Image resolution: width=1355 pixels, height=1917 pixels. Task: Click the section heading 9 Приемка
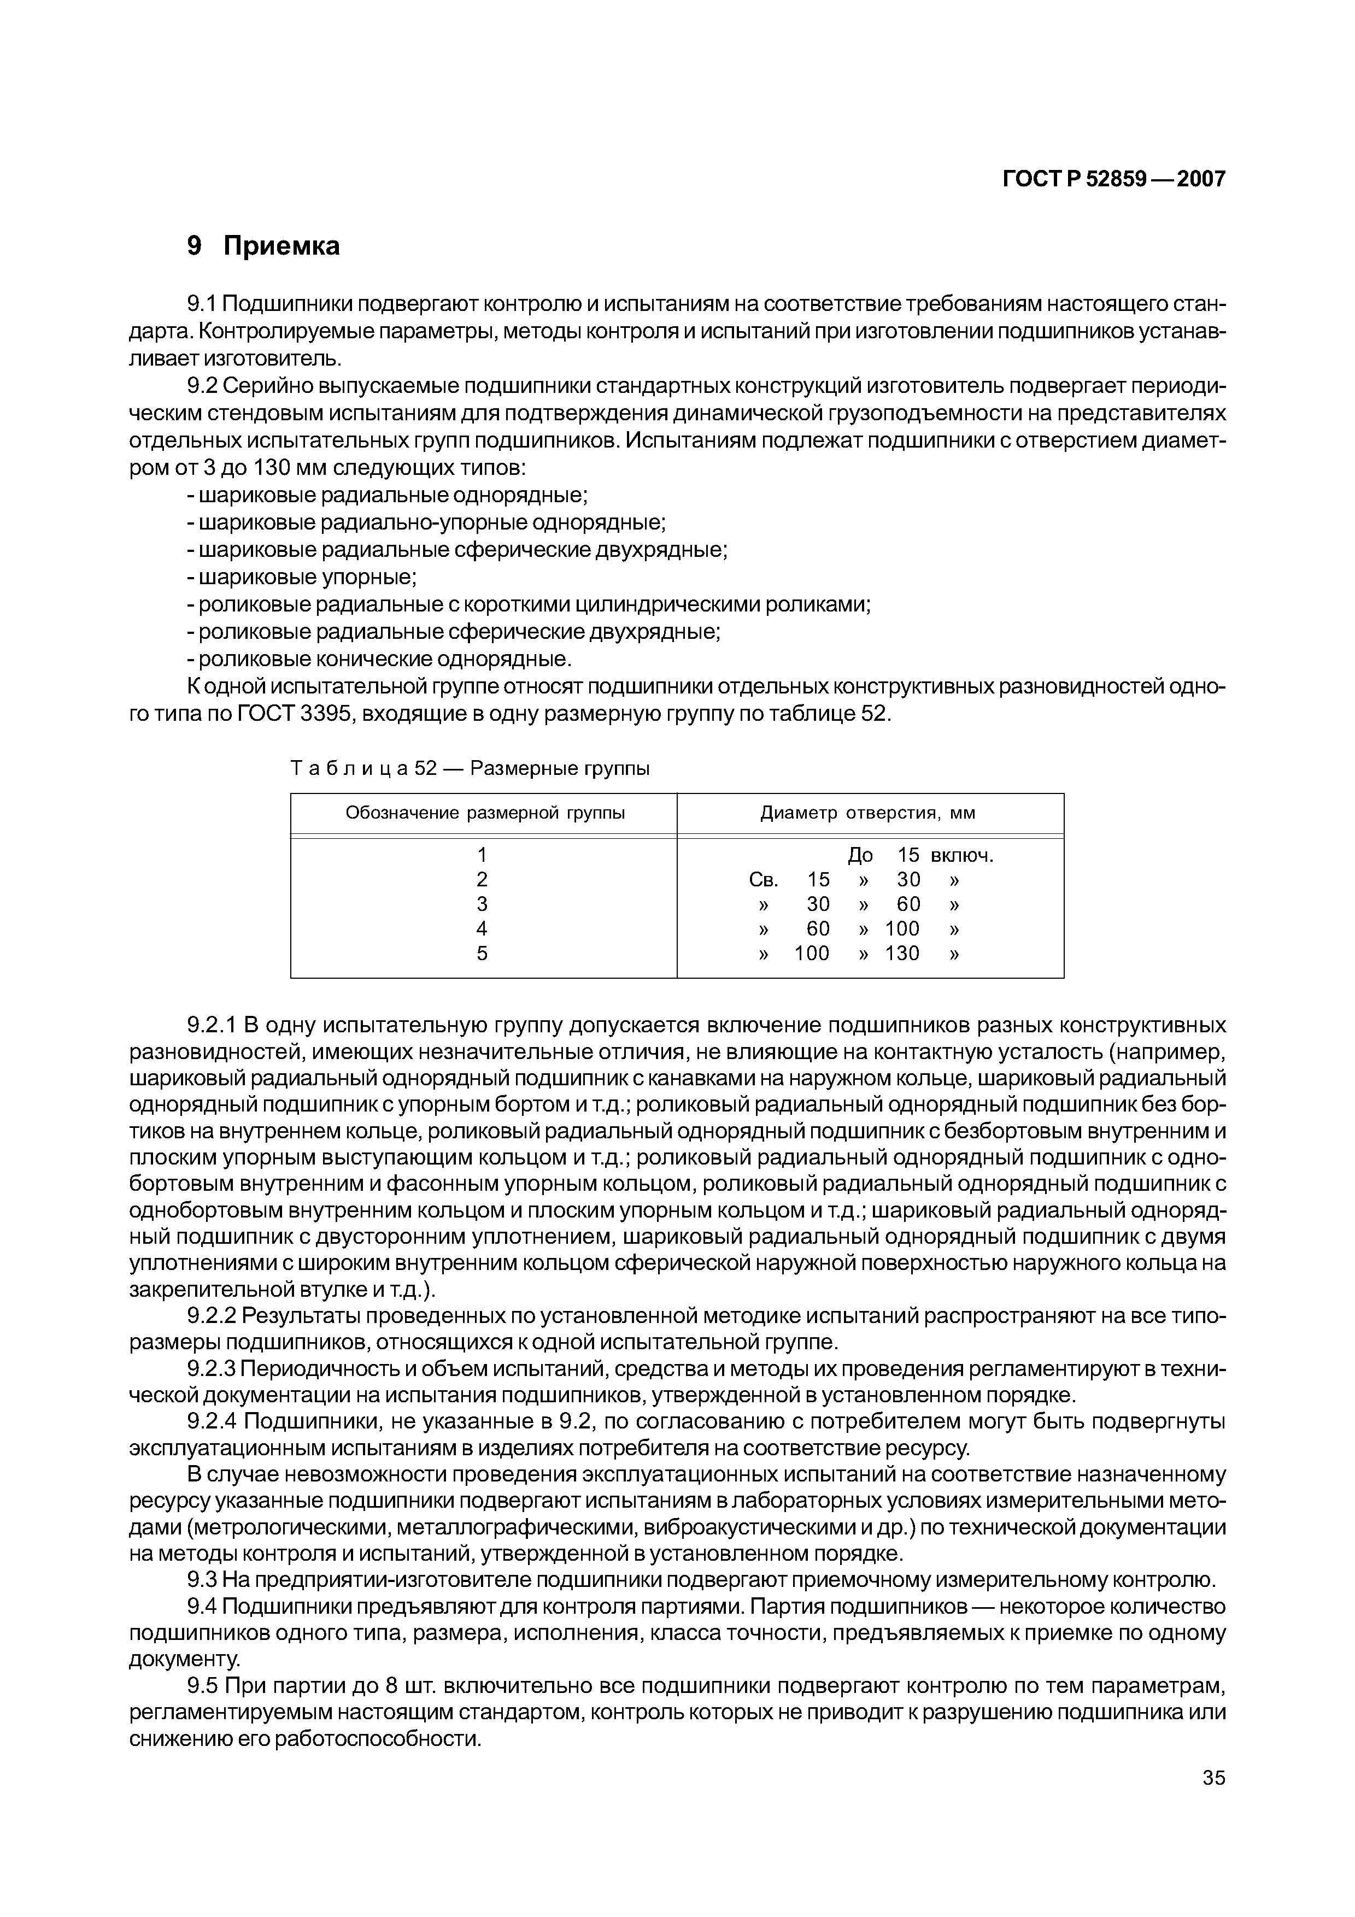tap(263, 245)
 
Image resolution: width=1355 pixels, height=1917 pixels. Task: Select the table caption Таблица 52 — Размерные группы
tap(469, 767)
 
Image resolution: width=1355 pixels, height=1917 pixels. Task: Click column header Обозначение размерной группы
tap(485, 813)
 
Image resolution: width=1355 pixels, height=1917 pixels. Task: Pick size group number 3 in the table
tap(482, 904)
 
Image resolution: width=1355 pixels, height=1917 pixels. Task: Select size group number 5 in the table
tap(482, 954)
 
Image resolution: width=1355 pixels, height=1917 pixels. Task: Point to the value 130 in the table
tap(902, 954)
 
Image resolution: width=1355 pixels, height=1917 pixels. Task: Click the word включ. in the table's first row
tap(962, 855)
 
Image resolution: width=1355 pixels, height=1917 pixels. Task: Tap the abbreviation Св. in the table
tap(763, 880)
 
